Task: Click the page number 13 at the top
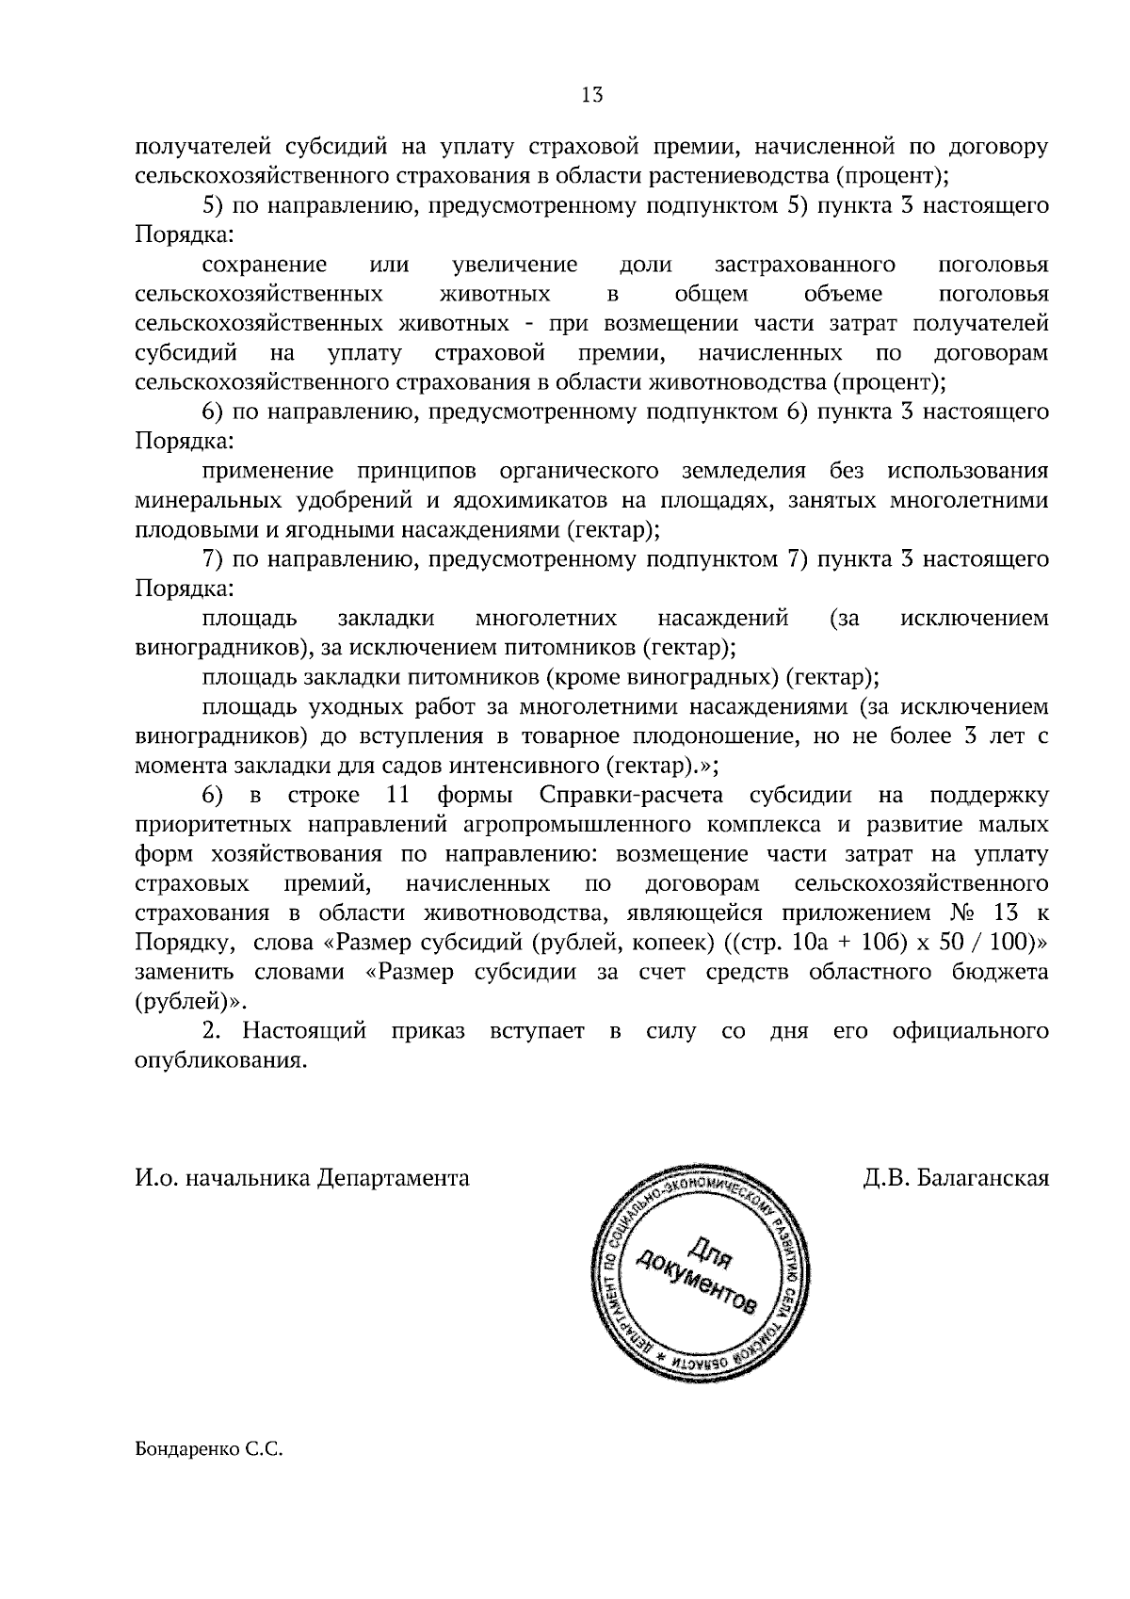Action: click(592, 95)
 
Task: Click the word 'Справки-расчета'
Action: click(632, 795)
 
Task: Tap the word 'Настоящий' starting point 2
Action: click(304, 1031)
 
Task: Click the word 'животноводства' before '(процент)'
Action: click(736, 382)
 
